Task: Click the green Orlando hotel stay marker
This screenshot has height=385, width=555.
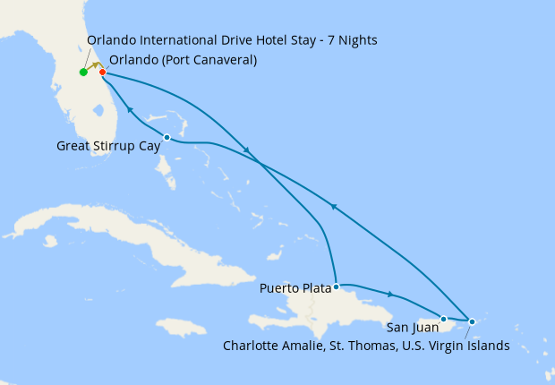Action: click(x=83, y=73)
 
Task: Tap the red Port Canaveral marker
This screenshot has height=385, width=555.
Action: click(x=103, y=73)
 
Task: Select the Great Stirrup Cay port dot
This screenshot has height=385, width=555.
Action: click(x=167, y=137)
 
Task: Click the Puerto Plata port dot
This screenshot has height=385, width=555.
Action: click(x=336, y=287)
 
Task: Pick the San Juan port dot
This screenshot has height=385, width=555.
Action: click(x=443, y=318)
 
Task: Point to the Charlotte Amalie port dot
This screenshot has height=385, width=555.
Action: click(x=472, y=321)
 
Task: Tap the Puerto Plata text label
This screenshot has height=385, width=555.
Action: click(x=295, y=288)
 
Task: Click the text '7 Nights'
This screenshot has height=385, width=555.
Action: click(x=350, y=40)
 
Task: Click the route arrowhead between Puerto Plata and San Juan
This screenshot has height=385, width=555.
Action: click(x=390, y=294)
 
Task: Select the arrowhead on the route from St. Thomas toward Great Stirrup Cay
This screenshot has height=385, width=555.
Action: click(x=333, y=206)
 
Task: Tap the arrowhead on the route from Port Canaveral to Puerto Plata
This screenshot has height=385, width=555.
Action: click(x=246, y=149)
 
